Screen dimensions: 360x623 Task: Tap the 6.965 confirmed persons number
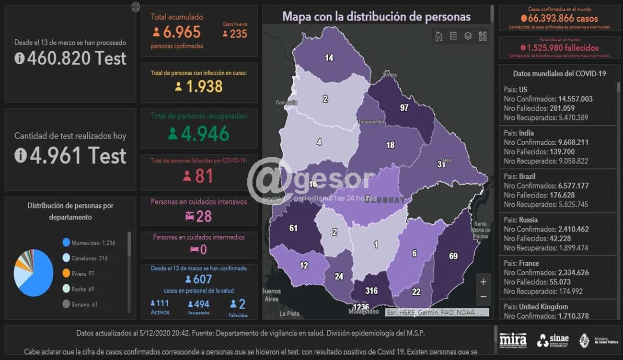(x=182, y=32)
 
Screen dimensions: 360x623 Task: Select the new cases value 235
(x=238, y=34)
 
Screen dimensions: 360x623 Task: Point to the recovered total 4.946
(x=205, y=134)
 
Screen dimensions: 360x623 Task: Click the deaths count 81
(x=204, y=176)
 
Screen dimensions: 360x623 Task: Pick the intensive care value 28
(x=204, y=216)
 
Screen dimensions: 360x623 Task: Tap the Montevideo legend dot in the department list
(x=66, y=243)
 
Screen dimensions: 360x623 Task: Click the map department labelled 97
(x=404, y=107)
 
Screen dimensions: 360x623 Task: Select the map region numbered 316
(x=371, y=290)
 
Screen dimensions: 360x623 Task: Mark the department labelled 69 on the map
(x=453, y=256)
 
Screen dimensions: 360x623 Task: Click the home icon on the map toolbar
(x=438, y=36)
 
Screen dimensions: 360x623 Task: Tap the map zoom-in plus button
(x=483, y=282)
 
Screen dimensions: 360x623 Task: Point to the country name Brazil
(x=527, y=176)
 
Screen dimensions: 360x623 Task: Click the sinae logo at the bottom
(x=552, y=340)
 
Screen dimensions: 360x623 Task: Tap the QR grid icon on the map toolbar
(x=483, y=36)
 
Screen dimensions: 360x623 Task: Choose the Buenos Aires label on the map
(x=272, y=295)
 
